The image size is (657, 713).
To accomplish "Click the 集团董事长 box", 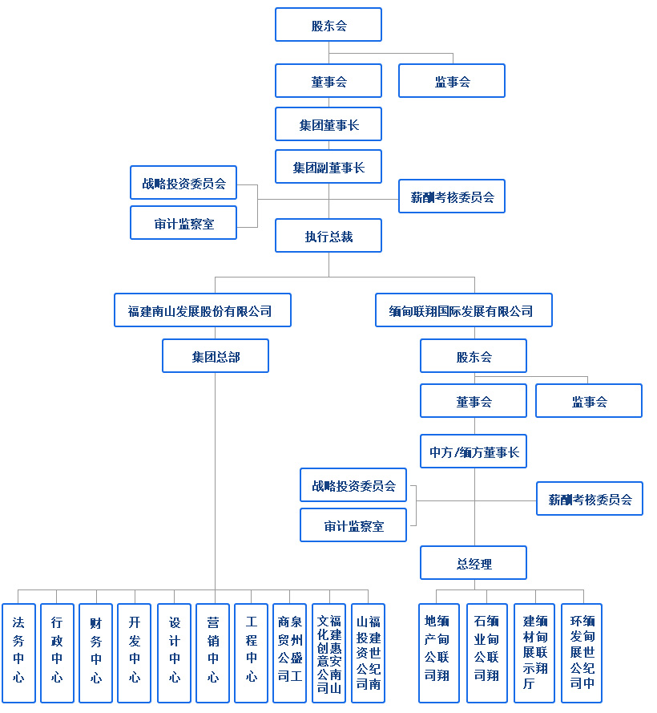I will pos(328,124).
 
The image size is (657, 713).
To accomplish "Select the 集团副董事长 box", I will pos(328,167).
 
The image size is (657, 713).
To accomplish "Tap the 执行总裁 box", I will pos(328,236).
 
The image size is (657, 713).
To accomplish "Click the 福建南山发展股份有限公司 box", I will pos(202,310).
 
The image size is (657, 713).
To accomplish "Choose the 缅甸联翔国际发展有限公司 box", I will pos(463,310).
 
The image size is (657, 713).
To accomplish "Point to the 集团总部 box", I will pos(215,356).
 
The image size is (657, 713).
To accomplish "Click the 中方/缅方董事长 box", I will pos(474,452).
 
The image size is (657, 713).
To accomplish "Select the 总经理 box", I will pos(474,563).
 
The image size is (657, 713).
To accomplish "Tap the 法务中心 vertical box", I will pos(18,653).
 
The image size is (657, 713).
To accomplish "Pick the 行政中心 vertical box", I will pos(57,653).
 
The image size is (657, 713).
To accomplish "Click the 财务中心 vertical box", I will pos(95,653).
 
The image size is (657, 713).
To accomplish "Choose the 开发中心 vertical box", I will pos(134,653).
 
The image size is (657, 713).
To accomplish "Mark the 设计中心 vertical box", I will pos(174,653).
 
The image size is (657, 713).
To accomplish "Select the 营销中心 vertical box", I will pos(212,653).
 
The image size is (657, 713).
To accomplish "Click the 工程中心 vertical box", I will pos(251,653).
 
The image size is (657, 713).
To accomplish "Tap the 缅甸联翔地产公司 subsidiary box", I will pos(438,653).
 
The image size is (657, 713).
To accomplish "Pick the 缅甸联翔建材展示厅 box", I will pos(534,653).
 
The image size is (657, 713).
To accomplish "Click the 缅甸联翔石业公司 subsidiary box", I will pos(487,653).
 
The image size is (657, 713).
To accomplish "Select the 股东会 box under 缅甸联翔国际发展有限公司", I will pos(474,356).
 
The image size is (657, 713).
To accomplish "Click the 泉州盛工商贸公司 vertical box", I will pos(289,653).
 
